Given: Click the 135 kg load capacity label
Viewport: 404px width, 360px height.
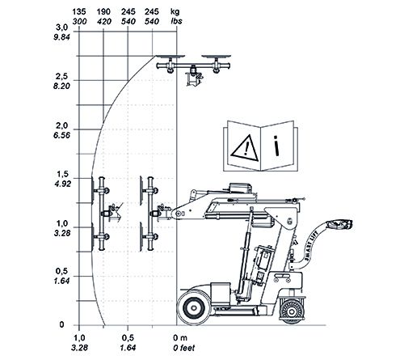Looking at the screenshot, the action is [x=79, y=11].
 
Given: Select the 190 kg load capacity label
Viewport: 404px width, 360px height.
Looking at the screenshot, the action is [x=103, y=11].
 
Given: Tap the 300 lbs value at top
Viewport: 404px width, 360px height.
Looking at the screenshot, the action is [x=79, y=21].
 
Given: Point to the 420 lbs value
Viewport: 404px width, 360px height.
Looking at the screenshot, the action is [x=104, y=21].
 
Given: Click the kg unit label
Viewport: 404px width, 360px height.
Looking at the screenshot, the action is [x=175, y=12].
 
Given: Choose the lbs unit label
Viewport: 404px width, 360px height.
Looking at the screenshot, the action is [x=177, y=21].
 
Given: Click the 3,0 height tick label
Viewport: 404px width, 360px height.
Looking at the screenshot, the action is [x=62, y=28].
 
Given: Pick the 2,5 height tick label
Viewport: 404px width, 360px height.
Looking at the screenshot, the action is [x=62, y=77].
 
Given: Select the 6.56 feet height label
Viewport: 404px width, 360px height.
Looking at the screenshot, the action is [x=61, y=135].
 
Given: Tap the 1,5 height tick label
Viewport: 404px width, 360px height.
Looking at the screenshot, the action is [x=62, y=174].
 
